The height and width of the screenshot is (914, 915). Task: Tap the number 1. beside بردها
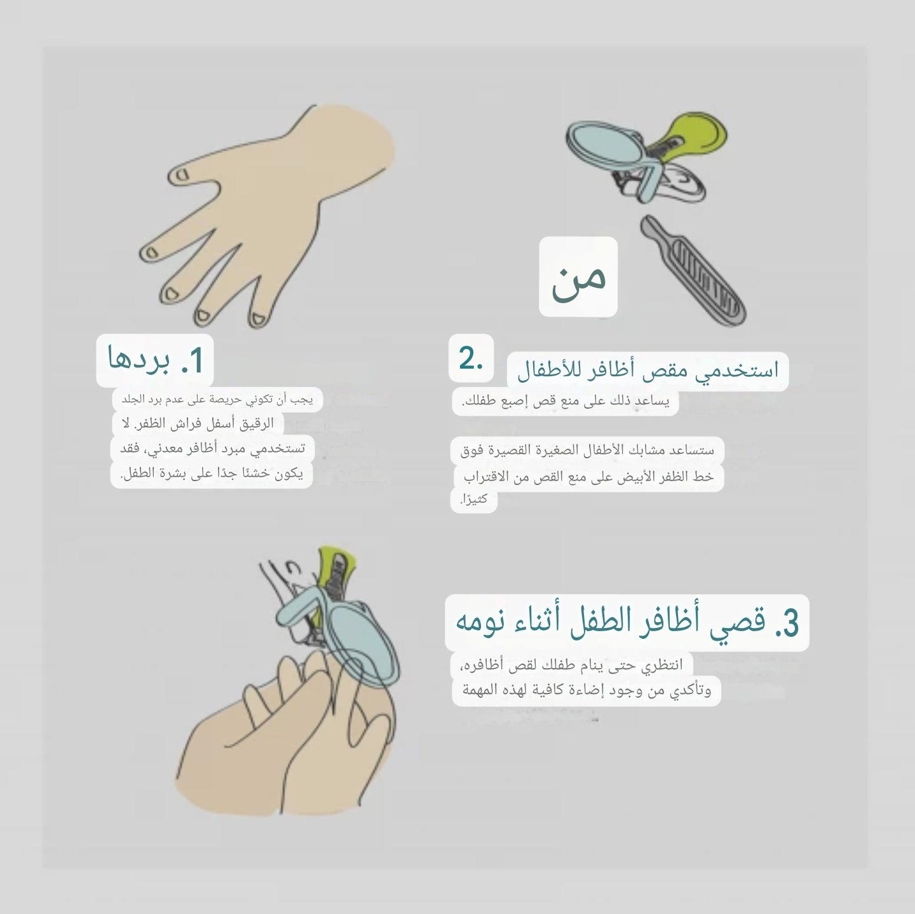191,361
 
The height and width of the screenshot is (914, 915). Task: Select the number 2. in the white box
471,360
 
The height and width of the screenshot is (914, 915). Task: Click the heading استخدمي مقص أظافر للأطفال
647,371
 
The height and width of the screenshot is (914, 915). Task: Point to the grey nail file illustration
693,270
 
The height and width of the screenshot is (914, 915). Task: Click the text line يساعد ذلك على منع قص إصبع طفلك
565,402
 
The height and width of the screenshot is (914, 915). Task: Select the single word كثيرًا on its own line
473,500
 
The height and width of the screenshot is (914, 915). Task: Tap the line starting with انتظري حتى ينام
571,665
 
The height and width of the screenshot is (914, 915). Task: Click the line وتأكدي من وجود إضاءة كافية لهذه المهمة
586,690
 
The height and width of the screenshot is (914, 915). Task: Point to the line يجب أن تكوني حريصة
217,400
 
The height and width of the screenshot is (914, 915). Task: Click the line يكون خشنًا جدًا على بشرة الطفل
212,474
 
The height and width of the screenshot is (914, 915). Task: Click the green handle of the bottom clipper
336,563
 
